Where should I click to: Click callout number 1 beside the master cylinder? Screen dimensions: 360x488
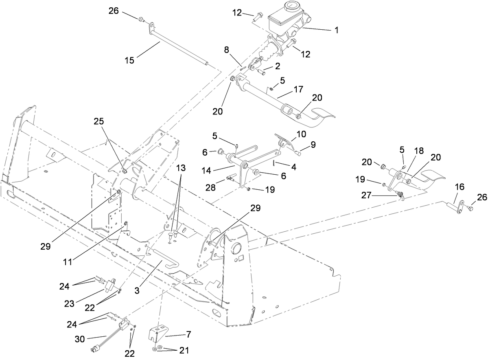tap(337, 30)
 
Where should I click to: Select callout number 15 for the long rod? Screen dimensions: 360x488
tap(129, 60)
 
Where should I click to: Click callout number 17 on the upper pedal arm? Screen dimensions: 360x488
tap(298, 89)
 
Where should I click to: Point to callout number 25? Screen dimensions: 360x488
tap(99, 121)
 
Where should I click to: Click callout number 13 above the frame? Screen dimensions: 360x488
tap(181, 167)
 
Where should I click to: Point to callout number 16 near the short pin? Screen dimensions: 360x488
tap(459, 187)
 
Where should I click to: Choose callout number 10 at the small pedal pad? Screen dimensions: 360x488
tap(301, 134)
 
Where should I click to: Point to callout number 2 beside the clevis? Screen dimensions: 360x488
tap(278, 65)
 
